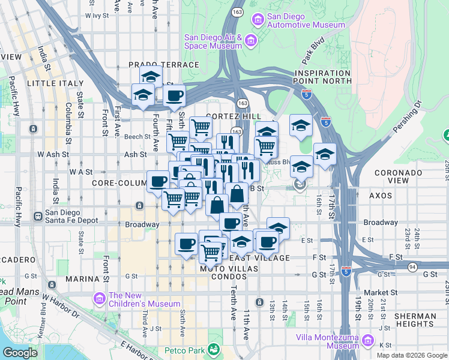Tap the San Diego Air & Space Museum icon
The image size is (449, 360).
(251, 41)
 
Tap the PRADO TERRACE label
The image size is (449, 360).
(163, 65)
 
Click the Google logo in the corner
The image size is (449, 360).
(20, 352)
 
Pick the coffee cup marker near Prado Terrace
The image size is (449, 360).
(174, 95)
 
